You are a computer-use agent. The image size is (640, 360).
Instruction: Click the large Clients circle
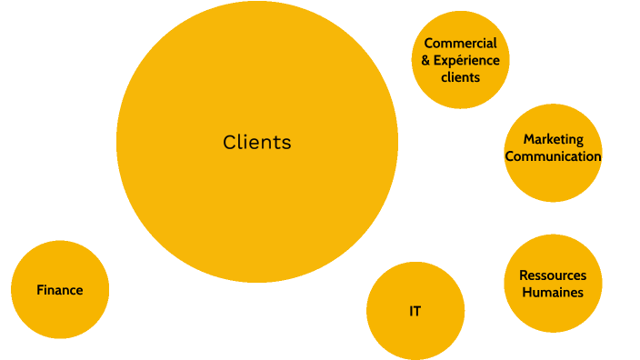point(257,191)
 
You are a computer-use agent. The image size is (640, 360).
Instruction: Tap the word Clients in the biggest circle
point(257,143)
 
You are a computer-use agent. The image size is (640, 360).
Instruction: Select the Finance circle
point(60,314)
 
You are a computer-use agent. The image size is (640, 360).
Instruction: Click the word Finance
point(60,290)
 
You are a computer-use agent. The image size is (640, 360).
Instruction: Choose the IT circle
point(415,332)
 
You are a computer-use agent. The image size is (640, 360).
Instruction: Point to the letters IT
point(415,311)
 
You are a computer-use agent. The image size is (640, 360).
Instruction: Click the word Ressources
point(553,275)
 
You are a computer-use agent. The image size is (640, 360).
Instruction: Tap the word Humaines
point(553,292)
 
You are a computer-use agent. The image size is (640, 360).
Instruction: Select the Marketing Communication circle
point(553,182)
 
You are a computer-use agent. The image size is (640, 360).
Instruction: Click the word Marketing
point(553,140)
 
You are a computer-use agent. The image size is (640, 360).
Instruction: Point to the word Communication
point(553,156)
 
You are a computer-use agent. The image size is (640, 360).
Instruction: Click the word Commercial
point(461,44)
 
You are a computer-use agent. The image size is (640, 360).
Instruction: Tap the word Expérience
point(471,60)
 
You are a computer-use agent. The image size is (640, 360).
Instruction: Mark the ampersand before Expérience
point(427,60)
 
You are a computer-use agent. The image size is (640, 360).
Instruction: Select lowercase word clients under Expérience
point(461,77)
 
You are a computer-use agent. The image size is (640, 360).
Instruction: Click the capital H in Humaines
point(527,292)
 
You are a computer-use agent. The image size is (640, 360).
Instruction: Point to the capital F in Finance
point(40,290)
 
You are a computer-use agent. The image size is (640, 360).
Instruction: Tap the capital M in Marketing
point(528,140)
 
